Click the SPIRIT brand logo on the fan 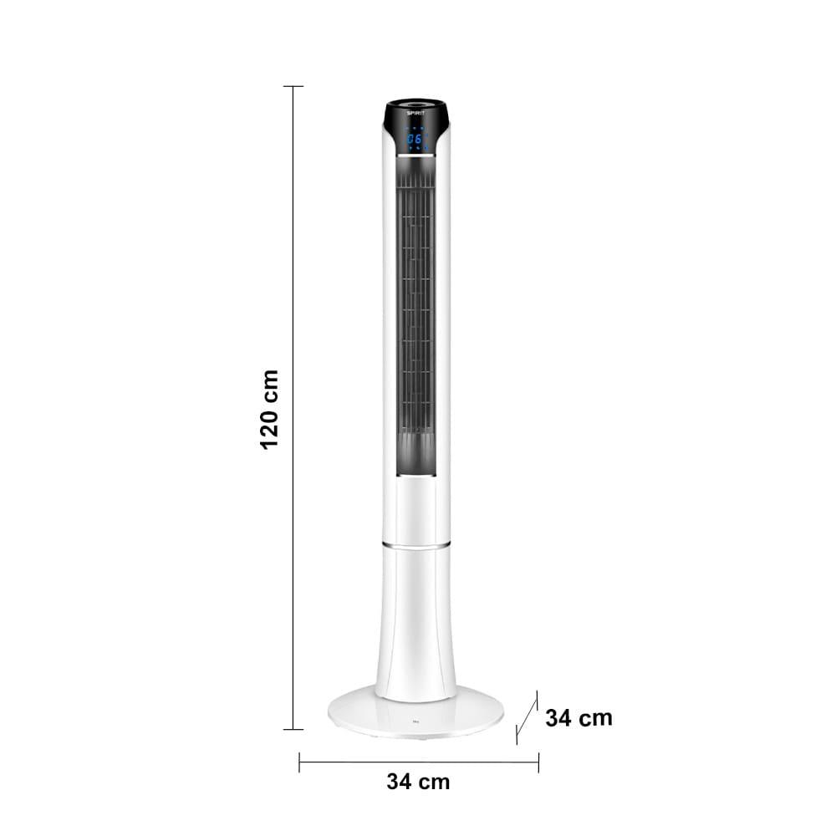click(415, 112)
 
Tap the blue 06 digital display click(414, 139)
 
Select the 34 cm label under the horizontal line click(418, 782)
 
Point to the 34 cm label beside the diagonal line click(579, 717)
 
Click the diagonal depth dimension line click(527, 717)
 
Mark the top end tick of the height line click(293, 86)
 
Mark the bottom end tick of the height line click(293, 729)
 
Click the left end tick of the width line click(299, 762)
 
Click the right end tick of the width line click(538, 762)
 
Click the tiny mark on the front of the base click(415, 725)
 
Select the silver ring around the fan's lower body click(415, 545)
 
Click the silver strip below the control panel click(415, 155)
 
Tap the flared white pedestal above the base click(415, 627)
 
